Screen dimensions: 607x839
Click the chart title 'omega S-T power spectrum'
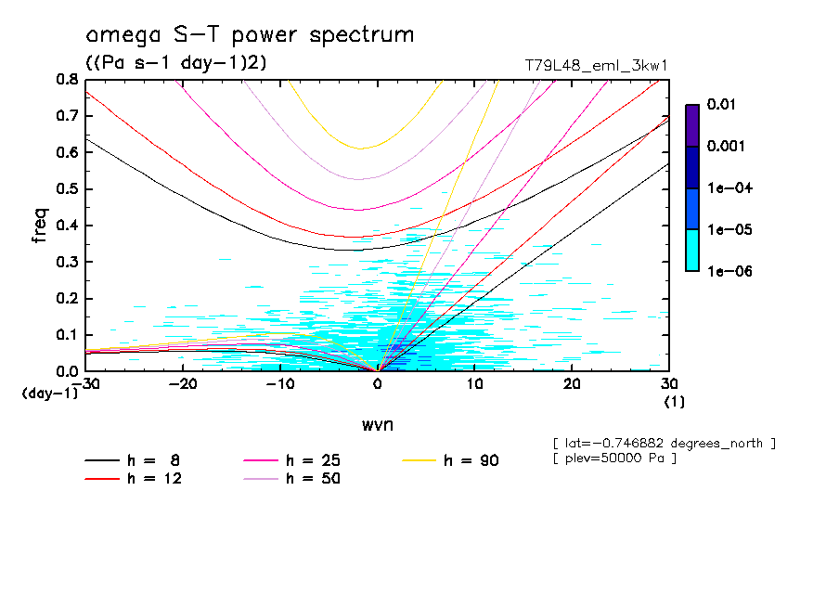[x=250, y=36]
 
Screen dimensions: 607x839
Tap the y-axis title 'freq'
[x=39, y=226]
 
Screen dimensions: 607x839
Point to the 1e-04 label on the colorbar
[x=729, y=188]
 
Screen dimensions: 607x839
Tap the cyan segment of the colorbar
[x=692, y=250]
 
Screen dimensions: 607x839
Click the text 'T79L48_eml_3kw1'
[x=595, y=65]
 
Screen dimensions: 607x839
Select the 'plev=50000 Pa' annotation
[x=613, y=458]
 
